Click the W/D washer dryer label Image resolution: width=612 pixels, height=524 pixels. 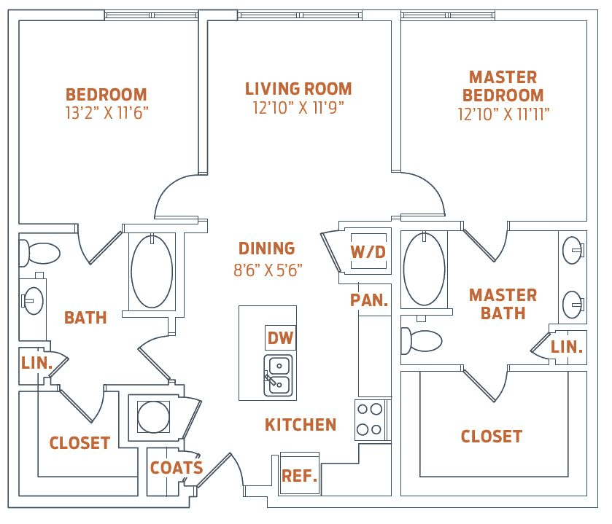(x=368, y=252)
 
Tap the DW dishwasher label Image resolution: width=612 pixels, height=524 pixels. (x=281, y=337)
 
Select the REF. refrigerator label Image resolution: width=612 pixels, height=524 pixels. (x=299, y=477)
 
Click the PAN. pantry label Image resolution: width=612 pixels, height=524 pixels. (x=368, y=300)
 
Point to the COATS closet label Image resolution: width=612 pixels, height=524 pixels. (x=176, y=467)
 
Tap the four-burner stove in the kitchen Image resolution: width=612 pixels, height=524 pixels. (x=369, y=420)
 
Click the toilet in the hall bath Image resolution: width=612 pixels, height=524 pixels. (x=39, y=253)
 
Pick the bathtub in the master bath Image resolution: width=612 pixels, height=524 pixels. (x=424, y=269)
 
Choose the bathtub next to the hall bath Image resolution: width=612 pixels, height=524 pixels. (x=152, y=270)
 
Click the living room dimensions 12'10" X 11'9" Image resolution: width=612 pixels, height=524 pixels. (x=298, y=108)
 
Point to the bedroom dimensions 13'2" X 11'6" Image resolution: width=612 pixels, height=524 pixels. (x=106, y=113)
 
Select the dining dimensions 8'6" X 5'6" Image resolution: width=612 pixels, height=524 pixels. (x=267, y=270)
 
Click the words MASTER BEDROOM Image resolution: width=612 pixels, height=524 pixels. (x=503, y=86)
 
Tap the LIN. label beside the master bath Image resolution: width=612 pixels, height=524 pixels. (x=567, y=348)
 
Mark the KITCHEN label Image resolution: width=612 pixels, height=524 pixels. (x=301, y=424)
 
